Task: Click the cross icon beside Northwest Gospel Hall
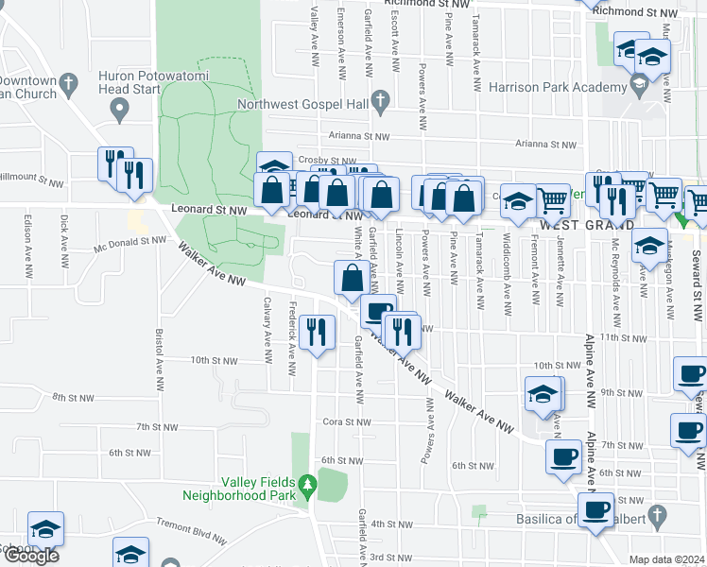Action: (380, 99)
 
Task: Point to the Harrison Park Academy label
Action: (558, 87)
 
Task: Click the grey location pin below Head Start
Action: (119, 111)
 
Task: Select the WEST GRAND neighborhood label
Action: (585, 225)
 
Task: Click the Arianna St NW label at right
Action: (545, 145)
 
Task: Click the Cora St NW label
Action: (346, 421)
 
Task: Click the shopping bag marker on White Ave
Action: (352, 278)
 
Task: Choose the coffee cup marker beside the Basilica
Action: (595, 511)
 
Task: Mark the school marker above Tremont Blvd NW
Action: (45, 529)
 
